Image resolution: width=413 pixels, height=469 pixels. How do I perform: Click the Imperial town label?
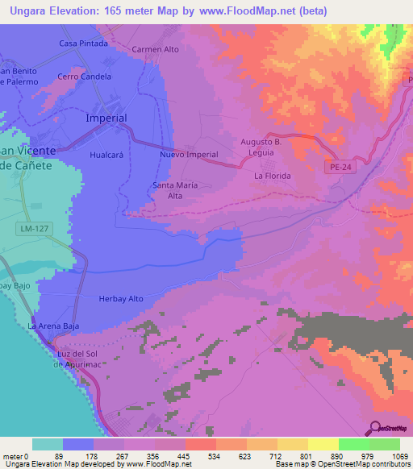106,118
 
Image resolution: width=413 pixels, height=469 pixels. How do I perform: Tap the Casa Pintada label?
84,43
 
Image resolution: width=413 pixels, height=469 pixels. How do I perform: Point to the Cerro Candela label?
85,77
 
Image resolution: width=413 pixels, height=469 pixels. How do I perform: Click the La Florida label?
272,175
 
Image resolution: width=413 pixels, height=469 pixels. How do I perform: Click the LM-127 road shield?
29,230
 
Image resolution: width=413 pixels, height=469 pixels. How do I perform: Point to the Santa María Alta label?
175,190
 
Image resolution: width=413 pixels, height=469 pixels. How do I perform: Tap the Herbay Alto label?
120,299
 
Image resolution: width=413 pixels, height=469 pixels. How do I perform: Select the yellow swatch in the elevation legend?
323,444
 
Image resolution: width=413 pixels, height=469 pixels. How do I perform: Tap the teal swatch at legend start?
48,444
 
